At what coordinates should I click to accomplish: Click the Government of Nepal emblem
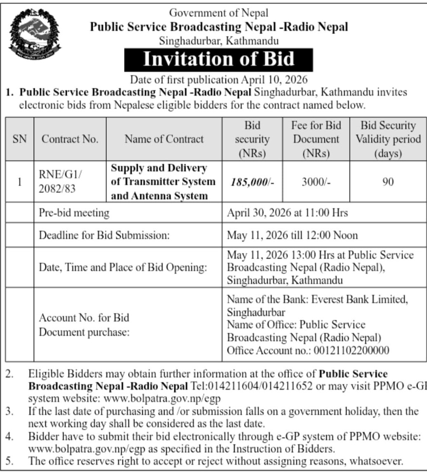pyautogui.click(x=35, y=35)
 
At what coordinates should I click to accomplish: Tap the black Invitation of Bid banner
pyautogui.click(x=218, y=59)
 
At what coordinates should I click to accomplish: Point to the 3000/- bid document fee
pyautogui.click(x=315, y=182)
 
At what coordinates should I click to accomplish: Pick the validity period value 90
pyautogui.click(x=388, y=182)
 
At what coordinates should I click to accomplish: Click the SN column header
pyautogui.click(x=20, y=139)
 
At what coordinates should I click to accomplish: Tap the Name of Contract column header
pyautogui.click(x=164, y=139)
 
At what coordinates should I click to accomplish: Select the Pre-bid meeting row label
pyautogui.click(x=74, y=213)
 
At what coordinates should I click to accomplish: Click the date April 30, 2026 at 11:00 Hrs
pyautogui.click(x=288, y=213)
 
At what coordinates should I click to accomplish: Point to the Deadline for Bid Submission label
pyautogui.click(x=104, y=235)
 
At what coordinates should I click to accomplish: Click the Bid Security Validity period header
pyautogui.click(x=388, y=139)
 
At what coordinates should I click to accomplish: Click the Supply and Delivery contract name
pyautogui.click(x=164, y=182)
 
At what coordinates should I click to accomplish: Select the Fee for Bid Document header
pyautogui.click(x=315, y=139)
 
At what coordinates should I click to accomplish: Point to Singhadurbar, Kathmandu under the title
pyautogui.click(x=218, y=41)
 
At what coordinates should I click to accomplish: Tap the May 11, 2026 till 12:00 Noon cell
pyautogui.click(x=293, y=235)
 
